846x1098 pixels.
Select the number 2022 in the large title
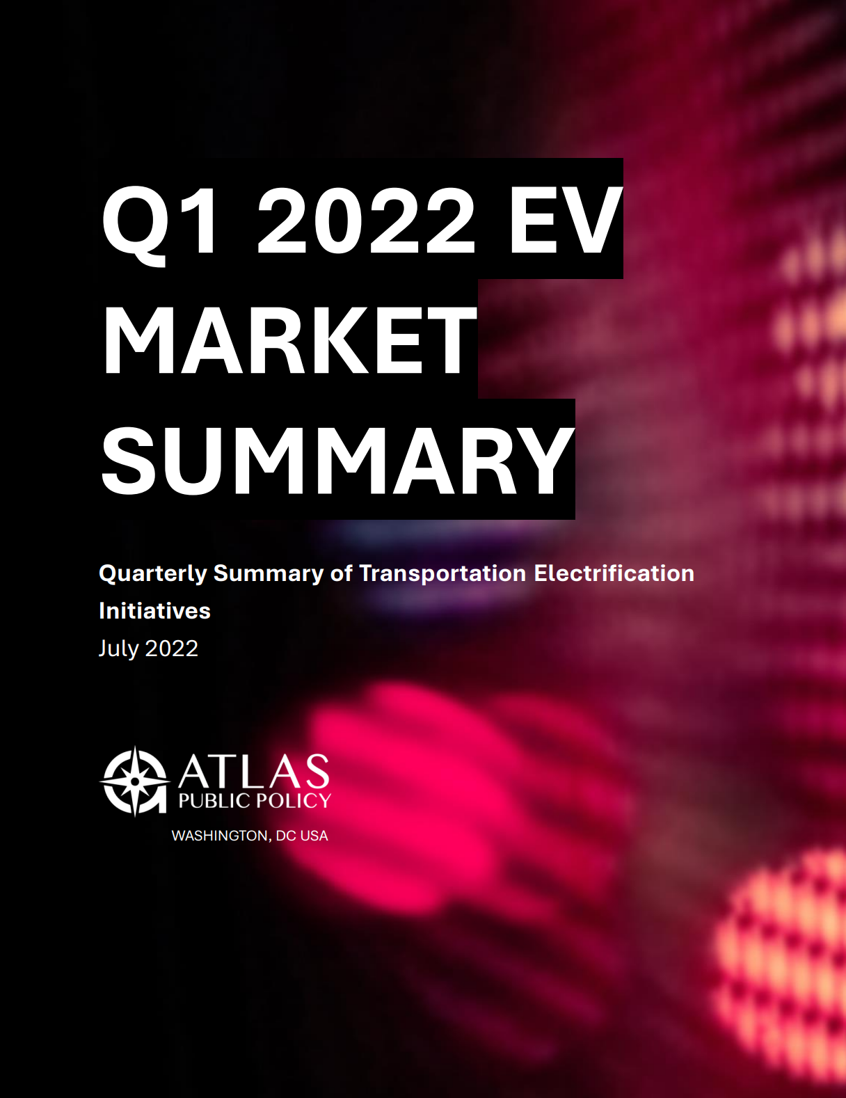click(367, 221)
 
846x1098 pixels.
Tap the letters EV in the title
click(565, 221)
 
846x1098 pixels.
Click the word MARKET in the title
click(289, 340)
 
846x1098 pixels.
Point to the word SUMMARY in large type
click(338, 460)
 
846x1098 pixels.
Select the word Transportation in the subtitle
click(442, 574)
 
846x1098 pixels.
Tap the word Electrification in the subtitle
click(614, 573)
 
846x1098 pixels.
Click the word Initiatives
click(154, 611)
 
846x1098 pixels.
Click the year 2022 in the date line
click(172, 649)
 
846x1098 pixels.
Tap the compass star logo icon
click(135, 781)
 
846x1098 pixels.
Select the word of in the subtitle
click(342, 573)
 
